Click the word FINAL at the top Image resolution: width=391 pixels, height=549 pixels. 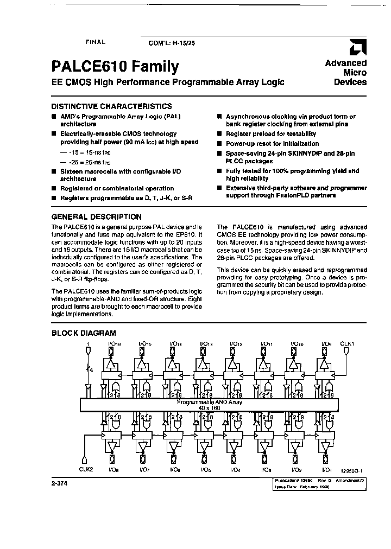pos(96,42)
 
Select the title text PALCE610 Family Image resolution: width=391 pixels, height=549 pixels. pos(115,67)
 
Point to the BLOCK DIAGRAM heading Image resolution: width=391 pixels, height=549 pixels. pos(83,333)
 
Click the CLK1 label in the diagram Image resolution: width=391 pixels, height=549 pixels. pos(347,343)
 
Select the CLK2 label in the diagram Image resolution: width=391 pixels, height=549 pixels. pos(87,469)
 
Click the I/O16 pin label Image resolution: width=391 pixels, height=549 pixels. pos(115,344)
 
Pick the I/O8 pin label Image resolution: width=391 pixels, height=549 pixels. pos(115,469)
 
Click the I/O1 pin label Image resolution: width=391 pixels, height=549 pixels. pos(327,469)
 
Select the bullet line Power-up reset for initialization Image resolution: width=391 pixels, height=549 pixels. pos(272,143)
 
